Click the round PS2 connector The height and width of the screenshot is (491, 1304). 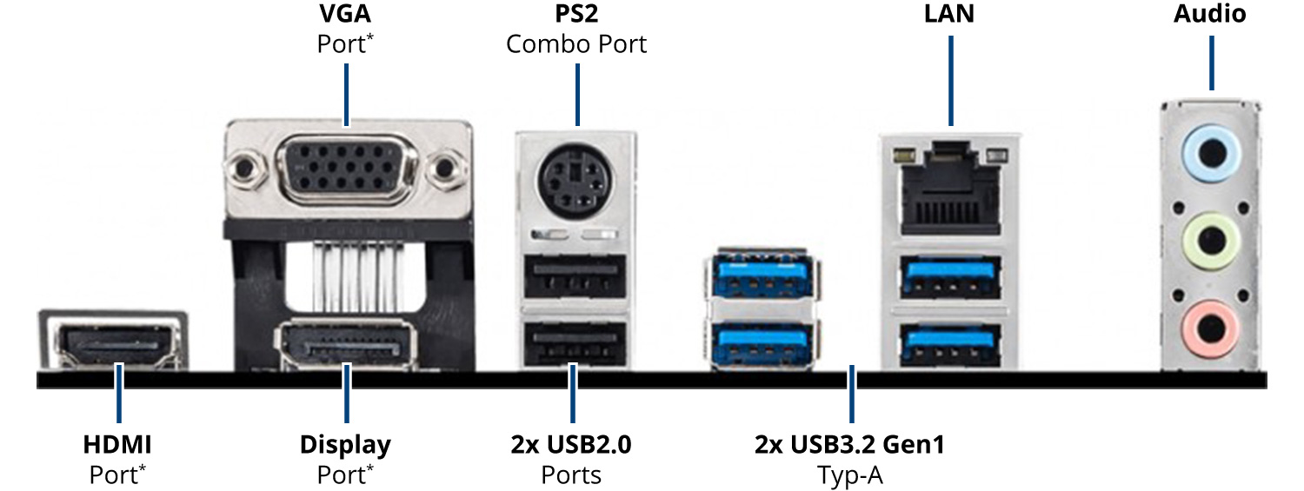(x=576, y=183)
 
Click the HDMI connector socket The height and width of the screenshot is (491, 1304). (x=114, y=346)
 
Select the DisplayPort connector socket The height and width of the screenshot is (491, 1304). (x=347, y=347)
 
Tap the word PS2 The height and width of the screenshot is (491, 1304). (x=576, y=15)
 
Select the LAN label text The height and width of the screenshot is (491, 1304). (x=949, y=15)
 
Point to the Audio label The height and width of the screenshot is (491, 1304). (x=1209, y=15)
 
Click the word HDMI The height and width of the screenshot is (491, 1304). (x=117, y=445)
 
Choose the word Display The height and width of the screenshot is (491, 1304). (x=345, y=445)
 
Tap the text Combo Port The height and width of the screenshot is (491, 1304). (x=576, y=43)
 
